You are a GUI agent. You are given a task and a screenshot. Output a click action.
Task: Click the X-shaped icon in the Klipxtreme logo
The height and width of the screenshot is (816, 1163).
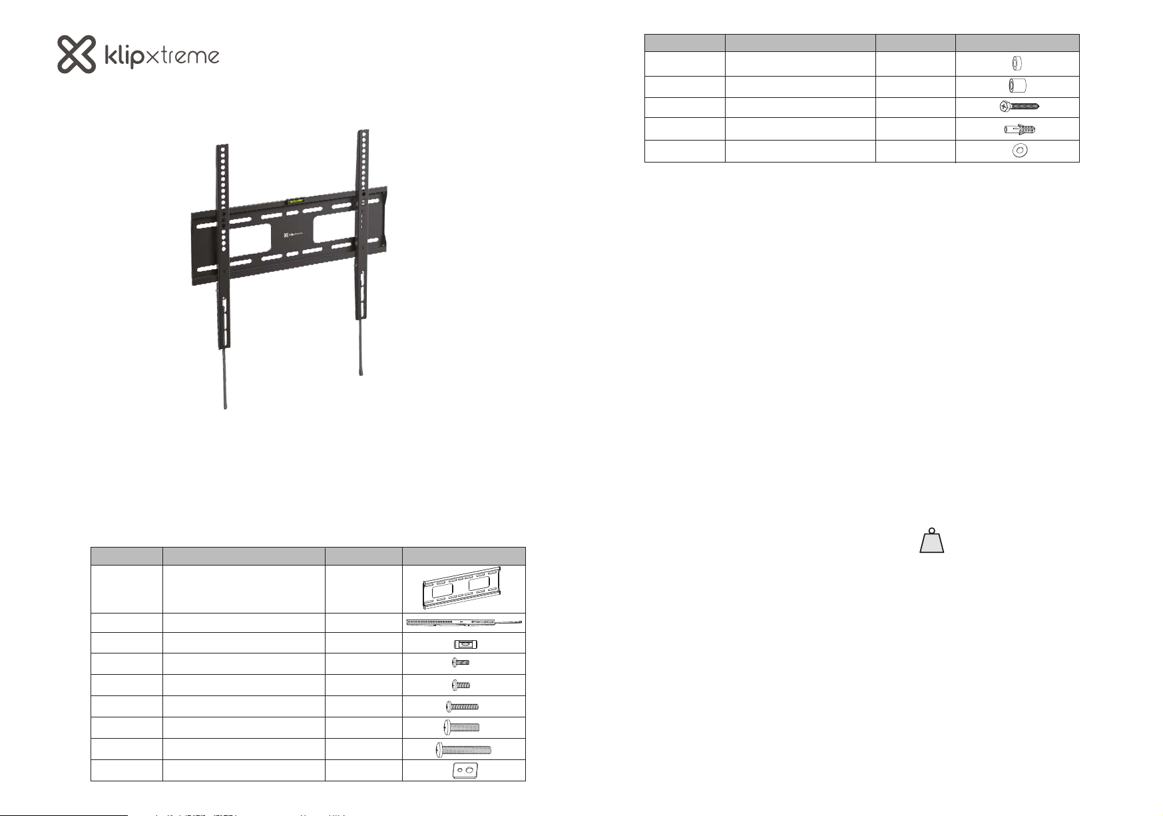pyautogui.click(x=77, y=55)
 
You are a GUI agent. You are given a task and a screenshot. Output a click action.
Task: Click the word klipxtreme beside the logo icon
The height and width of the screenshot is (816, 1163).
pyautogui.click(x=162, y=57)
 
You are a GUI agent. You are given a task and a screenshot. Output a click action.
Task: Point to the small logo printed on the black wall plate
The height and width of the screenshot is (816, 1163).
pyautogui.click(x=292, y=235)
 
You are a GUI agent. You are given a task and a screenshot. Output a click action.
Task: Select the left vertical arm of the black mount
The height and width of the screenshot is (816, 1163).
pyautogui.click(x=222, y=246)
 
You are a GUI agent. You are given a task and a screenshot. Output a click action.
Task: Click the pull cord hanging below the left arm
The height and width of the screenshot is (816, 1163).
pyautogui.click(x=224, y=379)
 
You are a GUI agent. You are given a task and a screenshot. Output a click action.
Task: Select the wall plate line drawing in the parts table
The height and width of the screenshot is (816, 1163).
pyautogui.click(x=463, y=589)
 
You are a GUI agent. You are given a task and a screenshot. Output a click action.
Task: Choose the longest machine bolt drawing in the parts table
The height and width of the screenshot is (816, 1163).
pyautogui.click(x=463, y=749)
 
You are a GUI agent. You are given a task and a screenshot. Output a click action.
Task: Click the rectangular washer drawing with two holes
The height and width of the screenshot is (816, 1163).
pyautogui.click(x=465, y=771)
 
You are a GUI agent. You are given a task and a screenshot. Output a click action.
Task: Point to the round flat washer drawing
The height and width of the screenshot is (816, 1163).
pyautogui.click(x=1018, y=151)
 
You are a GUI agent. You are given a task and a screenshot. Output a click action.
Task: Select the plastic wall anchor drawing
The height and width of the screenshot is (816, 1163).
pyautogui.click(x=1019, y=129)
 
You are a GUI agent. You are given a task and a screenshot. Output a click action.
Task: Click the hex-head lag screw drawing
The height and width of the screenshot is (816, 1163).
pyautogui.click(x=1019, y=107)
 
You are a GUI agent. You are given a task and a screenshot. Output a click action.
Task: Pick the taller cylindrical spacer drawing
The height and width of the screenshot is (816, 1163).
pyautogui.click(x=1017, y=87)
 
